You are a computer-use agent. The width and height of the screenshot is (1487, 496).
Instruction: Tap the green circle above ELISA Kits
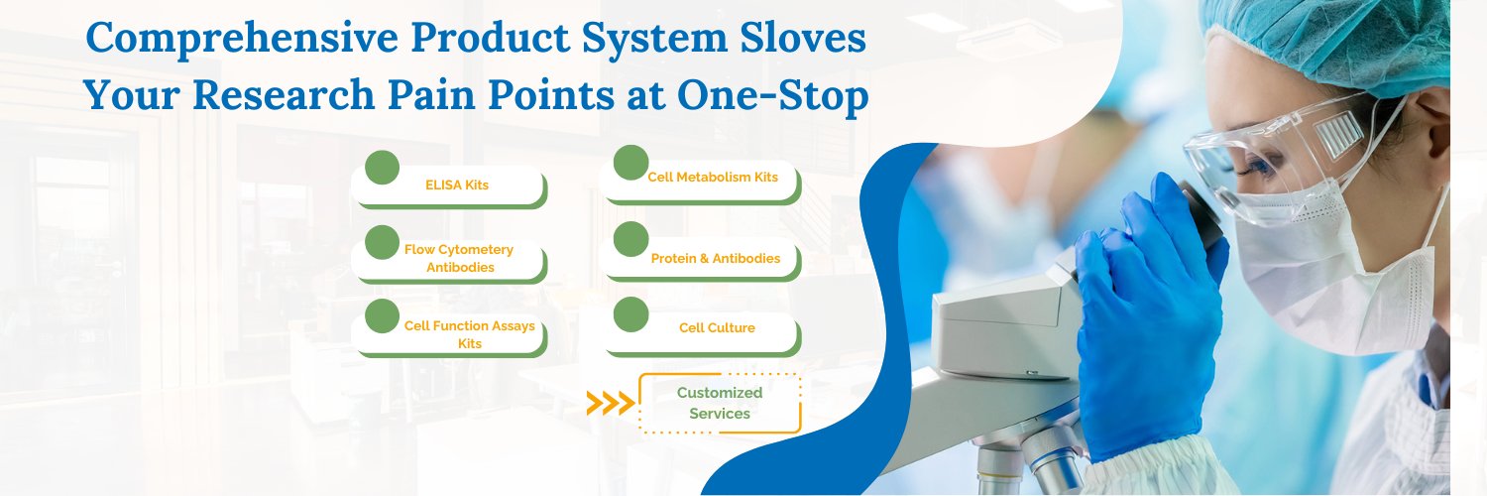click(x=382, y=168)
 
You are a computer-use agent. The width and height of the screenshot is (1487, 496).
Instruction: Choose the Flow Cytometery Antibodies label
click(x=459, y=258)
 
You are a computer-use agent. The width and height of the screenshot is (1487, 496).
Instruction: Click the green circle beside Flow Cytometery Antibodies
click(x=382, y=241)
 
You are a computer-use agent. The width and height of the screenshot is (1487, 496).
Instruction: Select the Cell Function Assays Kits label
click(x=469, y=334)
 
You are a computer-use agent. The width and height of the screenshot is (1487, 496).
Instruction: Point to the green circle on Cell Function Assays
click(x=382, y=315)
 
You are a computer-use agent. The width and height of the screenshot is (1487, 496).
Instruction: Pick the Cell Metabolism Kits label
click(x=713, y=178)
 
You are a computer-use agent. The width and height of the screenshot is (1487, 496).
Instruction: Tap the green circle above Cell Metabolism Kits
click(x=630, y=163)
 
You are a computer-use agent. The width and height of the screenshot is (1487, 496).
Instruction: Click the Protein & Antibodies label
click(x=715, y=259)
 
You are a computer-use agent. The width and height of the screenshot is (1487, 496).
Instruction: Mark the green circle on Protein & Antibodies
click(x=630, y=239)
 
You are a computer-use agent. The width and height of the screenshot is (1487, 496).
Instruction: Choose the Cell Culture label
click(x=717, y=328)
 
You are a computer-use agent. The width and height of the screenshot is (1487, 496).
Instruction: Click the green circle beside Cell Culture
click(x=630, y=313)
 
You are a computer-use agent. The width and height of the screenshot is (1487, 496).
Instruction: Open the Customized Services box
click(x=720, y=403)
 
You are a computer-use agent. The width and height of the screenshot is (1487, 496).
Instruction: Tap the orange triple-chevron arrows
click(x=610, y=403)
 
